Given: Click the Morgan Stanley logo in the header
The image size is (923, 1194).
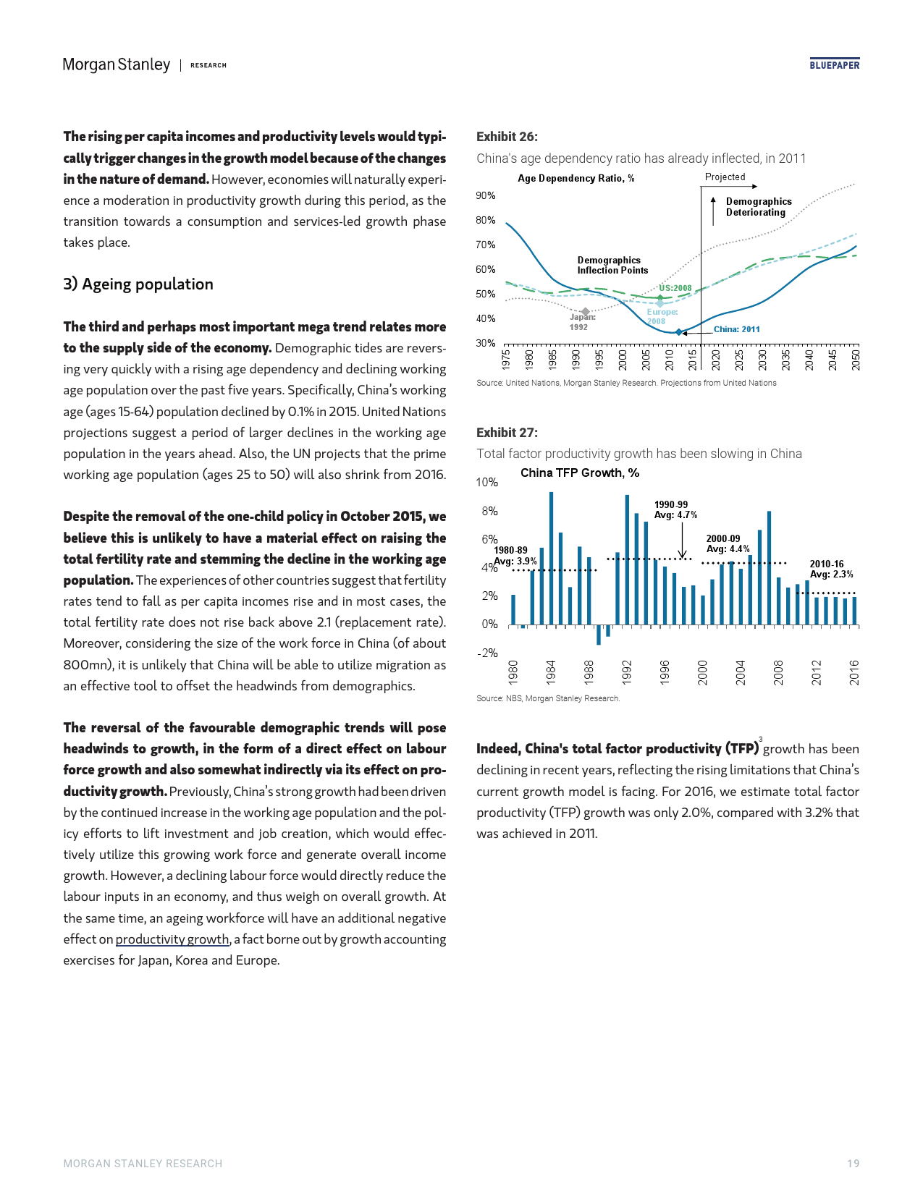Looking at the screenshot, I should tap(117, 65).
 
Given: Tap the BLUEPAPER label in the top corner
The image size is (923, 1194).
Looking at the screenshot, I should tap(834, 65).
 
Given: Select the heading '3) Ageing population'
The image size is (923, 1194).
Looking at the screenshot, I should tap(138, 284).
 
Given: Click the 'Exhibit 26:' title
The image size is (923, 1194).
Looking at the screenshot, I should tap(507, 137).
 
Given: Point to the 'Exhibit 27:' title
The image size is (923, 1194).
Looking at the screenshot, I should tap(507, 433).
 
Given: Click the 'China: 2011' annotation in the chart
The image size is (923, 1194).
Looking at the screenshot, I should tap(737, 329).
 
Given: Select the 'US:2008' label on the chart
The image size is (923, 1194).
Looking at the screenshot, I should tap(675, 288).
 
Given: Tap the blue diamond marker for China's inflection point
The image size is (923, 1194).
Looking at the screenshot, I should tap(678, 332).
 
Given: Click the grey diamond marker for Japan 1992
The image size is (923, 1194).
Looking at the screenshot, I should tap(586, 312).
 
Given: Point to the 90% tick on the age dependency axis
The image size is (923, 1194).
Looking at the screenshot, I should tap(486, 195).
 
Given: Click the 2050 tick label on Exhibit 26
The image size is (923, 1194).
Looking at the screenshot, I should tap(856, 360).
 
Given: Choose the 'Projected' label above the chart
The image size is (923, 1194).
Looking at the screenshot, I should tap(725, 177).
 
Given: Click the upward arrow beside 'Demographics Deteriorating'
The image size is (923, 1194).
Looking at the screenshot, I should tap(714, 209).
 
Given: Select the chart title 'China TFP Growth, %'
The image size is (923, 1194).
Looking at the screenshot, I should tap(580, 473).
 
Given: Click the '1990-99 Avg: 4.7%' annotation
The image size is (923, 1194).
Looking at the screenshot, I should tap(675, 510).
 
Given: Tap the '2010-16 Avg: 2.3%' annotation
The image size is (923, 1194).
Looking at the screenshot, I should tap(831, 570).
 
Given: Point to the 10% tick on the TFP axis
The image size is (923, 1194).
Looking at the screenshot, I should tap(487, 483).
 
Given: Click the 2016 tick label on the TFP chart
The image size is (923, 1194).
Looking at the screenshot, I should tap(854, 672).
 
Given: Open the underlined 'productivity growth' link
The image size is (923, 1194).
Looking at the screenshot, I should tap(172, 939).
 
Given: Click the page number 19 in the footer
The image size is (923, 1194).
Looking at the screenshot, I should tap(853, 1164).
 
